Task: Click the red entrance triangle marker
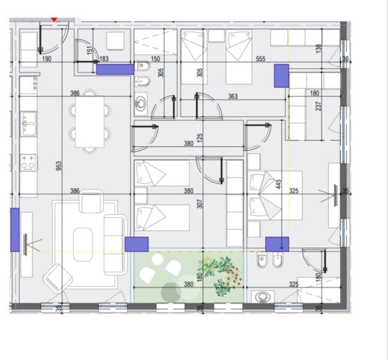54,20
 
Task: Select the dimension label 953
59,166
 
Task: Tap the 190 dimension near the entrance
47,59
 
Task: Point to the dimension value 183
104,59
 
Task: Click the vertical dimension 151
89,50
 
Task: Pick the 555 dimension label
260,59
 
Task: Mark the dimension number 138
318,48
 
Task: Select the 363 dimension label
233,96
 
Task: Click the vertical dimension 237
318,106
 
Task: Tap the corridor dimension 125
200,137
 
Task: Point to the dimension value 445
278,184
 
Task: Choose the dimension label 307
200,204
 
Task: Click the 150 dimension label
155,59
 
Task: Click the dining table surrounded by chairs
90,122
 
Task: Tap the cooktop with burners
29,163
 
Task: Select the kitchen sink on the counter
29,124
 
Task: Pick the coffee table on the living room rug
83,245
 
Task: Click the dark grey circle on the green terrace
170,292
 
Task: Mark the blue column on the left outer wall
15,230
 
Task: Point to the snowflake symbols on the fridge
35,83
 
